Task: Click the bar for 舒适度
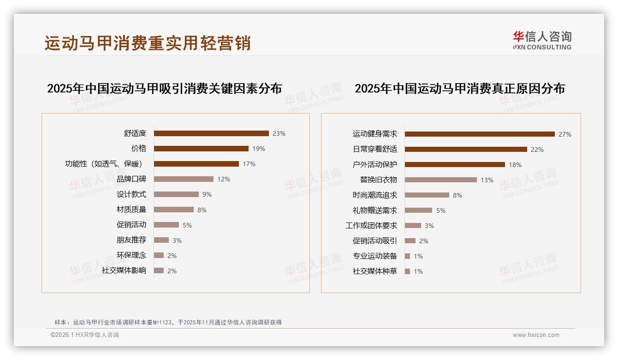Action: [x=211, y=133]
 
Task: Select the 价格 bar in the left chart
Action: [x=201, y=149]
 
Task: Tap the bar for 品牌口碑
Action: [x=184, y=179]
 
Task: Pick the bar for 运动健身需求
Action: [x=480, y=134]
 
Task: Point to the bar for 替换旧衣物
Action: [x=441, y=180]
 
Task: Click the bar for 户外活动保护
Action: [x=455, y=165]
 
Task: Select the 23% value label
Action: [x=279, y=133]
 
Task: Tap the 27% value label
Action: [x=565, y=134]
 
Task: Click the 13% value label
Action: [x=487, y=180]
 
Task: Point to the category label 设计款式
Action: [x=131, y=194]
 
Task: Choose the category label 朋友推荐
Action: [x=131, y=240]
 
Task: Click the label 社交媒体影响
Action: [x=124, y=270]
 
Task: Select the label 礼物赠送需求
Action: [x=375, y=210]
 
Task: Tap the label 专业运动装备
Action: [x=375, y=256]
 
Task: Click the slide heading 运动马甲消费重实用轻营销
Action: [x=148, y=43]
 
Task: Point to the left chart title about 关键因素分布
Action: [x=165, y=88]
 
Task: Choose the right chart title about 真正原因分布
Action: [x=460, y=88]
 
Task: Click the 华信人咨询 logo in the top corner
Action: [x=542, y=40]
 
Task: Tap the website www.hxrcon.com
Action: [x=536, y=335]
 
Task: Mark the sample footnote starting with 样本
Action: [x=168, y=323]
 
